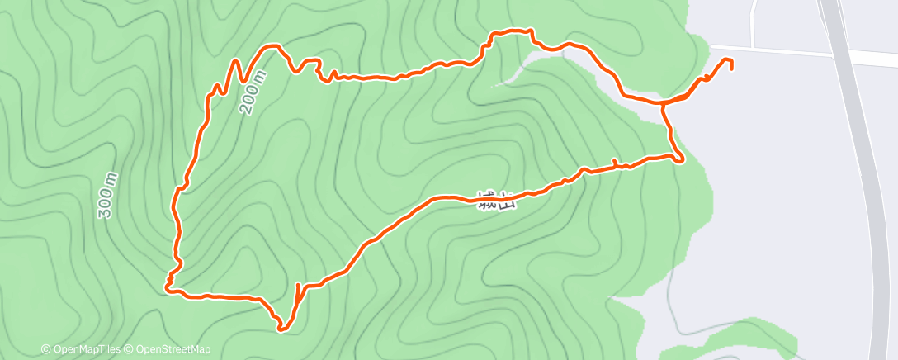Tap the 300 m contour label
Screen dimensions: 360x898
pyautogui.click(x=107, y=197)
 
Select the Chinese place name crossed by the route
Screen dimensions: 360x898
pyautogui.click(x=497, y=201)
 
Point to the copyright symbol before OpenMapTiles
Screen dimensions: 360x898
pyautogui.click(x=46, y=349)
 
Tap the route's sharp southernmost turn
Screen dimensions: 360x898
pyautogui.click(x=281, y=329)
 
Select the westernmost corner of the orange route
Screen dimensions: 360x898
pyautogui.click(x=168, y=288)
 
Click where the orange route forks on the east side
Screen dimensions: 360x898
pyautogui.click(x=664, y=103)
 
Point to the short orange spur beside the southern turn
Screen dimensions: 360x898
pyautogui.click(x=296, y=290)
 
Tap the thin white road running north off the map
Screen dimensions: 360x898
pyautogui.click(x=754, y=21)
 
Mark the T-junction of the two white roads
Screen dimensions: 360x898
pyautogui.click(x=754, y=48)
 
